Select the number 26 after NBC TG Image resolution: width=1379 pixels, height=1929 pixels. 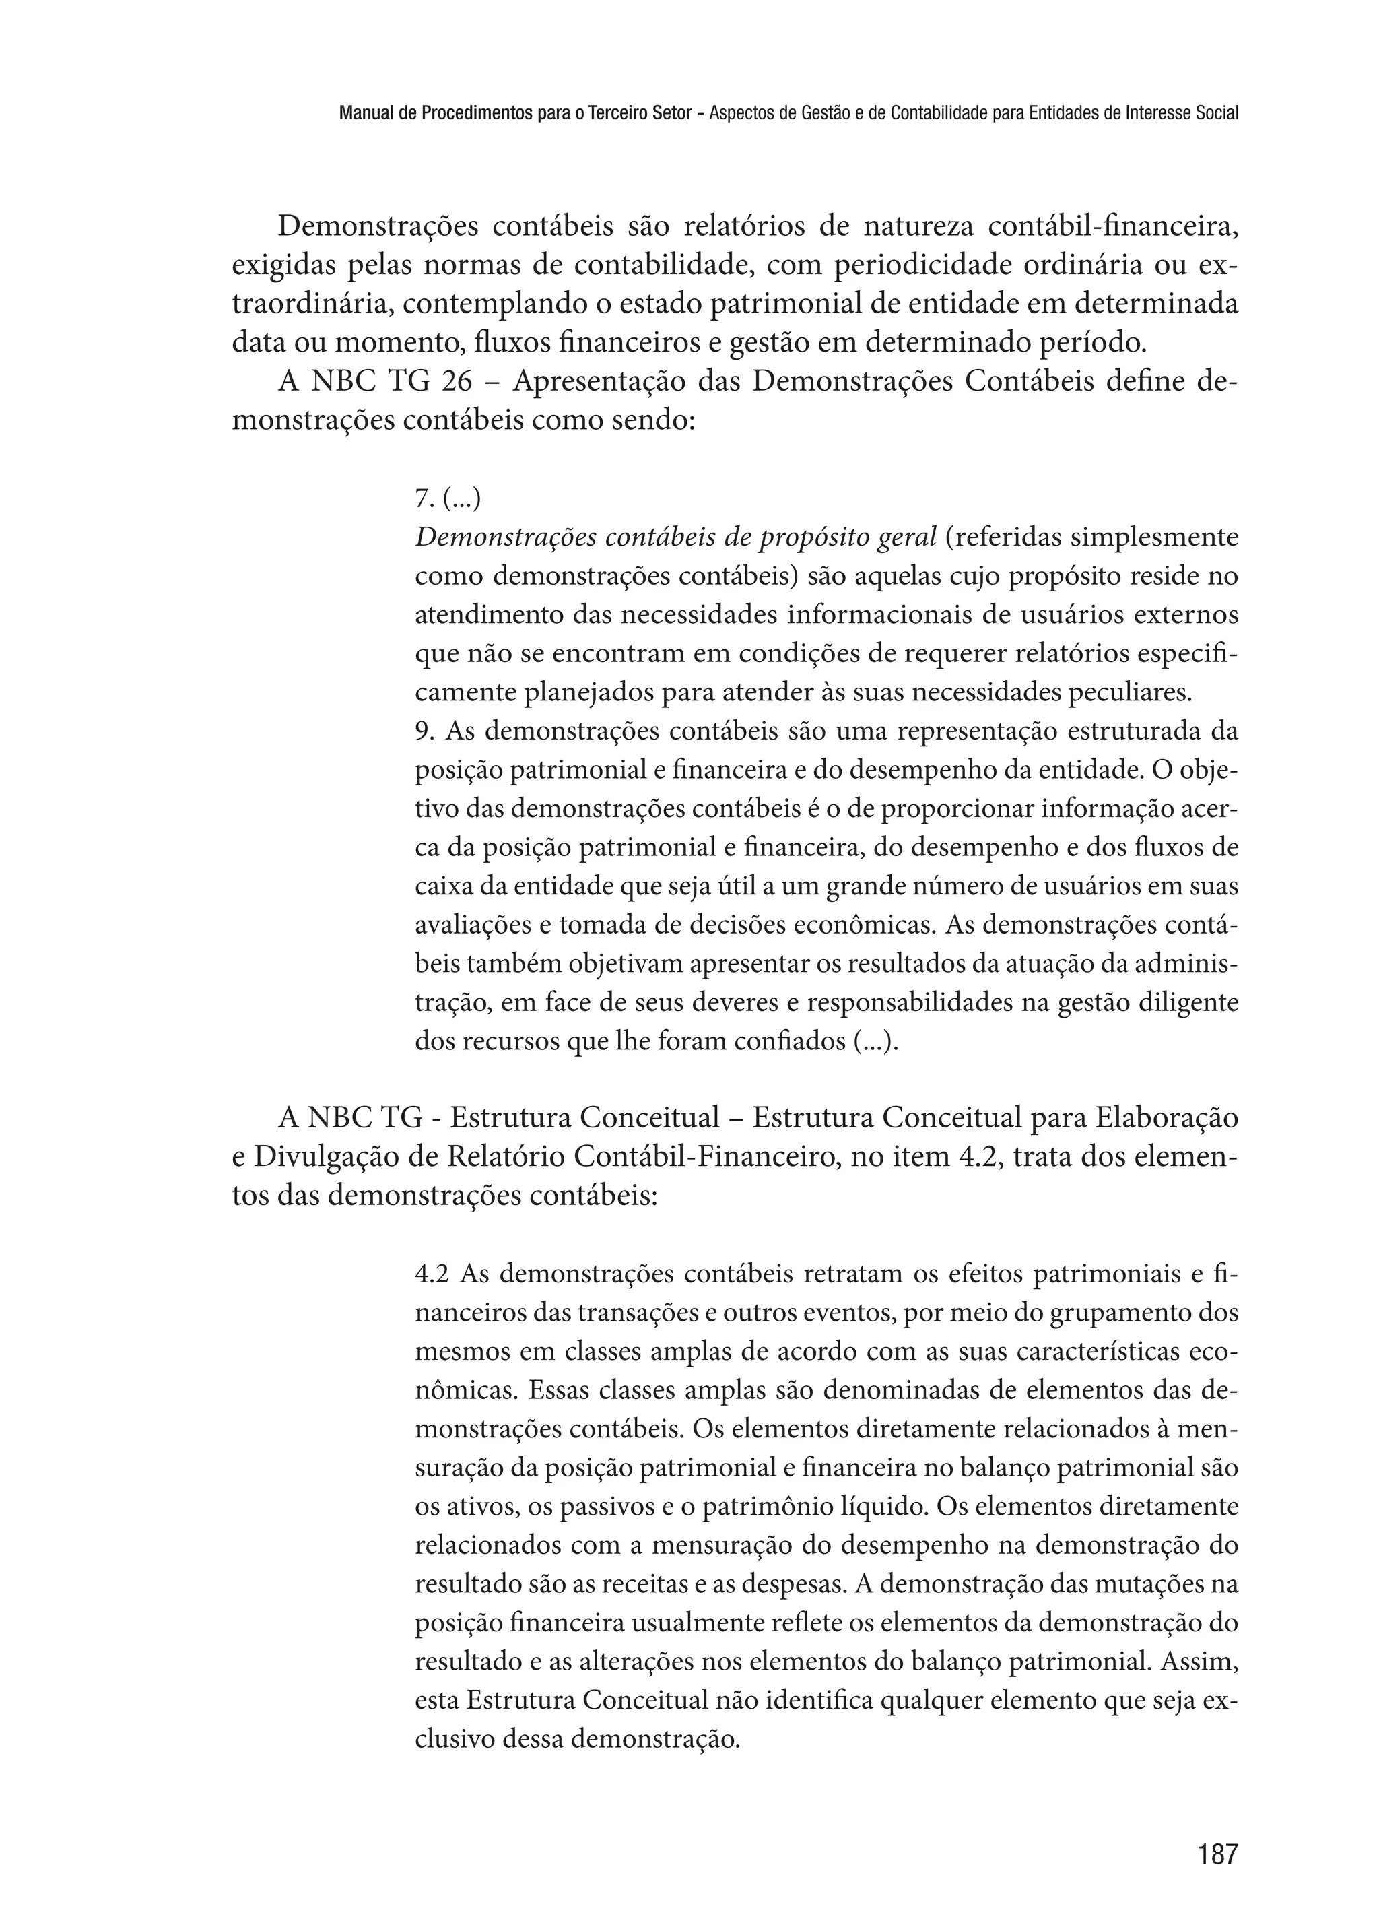click(457, 383)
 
